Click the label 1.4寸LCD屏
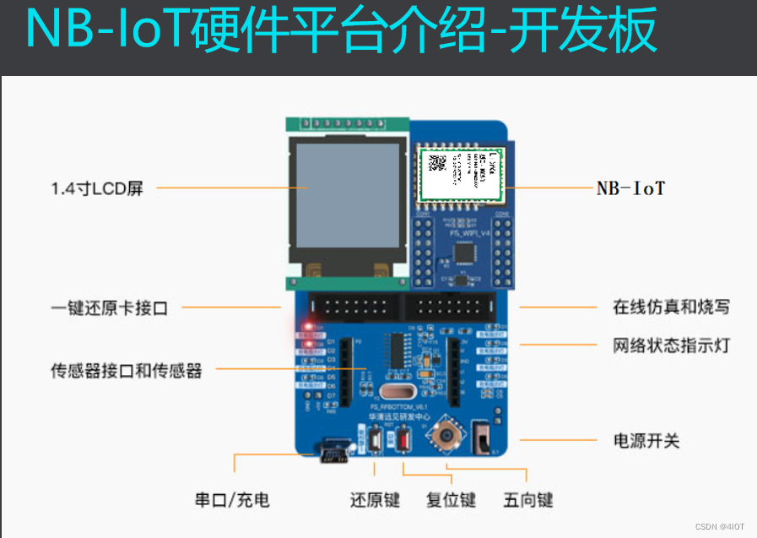point(97,188)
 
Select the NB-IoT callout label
point(630,188)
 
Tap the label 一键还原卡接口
point(109,307)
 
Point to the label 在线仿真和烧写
point(671,307)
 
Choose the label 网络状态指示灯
point(671,345)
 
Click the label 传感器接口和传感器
point(127,370)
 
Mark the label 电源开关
point(646,440)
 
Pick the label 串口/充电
point(232,499)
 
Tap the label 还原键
point(375,499)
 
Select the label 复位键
point(451,499)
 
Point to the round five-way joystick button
point(446,436)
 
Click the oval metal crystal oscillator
point(396,391)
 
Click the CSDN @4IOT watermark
point(720,526)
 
